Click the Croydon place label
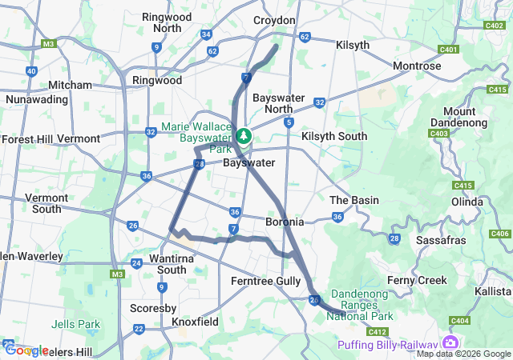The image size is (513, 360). tap(274, 20)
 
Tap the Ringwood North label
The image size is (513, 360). tap(167, 22)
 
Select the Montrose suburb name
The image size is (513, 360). tap(417, 66)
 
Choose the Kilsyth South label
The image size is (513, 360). tap(334, 137)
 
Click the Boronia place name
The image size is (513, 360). tap(285, 221)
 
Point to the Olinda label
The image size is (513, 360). tap(466, 202)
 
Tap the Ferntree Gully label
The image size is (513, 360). tap(265, 281)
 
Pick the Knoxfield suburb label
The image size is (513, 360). tap(196, 321)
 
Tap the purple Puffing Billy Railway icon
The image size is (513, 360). tap(450, 343)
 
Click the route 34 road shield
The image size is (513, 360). tap(206, 34)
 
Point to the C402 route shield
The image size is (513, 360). tap(495, 25)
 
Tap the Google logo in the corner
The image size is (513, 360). tap(26, 350)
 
